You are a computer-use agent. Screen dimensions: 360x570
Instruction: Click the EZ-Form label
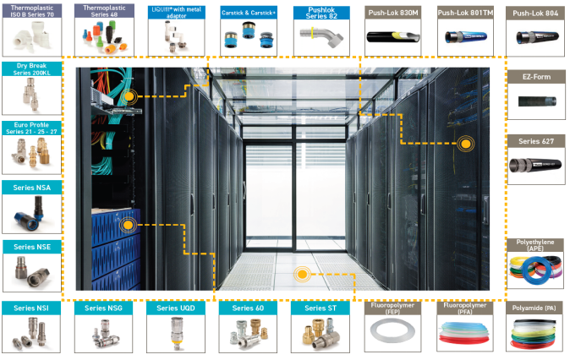click(x=536, y=76)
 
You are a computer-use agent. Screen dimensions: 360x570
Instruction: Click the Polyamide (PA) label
click(x=538, y=308)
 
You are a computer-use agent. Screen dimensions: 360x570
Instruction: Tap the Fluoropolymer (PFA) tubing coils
click(x=464, y=336)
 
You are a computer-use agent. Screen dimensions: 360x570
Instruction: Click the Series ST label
click(x=321, y=308)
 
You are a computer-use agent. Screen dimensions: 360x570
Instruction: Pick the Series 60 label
click(x=247, y=308)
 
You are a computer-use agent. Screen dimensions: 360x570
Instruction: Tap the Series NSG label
click(x=101, y=308)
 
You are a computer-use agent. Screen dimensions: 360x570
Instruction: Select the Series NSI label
click(x=30, y=308)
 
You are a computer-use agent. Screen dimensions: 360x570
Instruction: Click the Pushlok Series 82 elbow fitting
click(x=321, y=38)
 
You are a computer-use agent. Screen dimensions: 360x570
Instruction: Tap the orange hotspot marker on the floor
click(x=303, y=275)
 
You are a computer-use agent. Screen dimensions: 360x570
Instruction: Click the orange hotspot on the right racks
click(x=464, y=144)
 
